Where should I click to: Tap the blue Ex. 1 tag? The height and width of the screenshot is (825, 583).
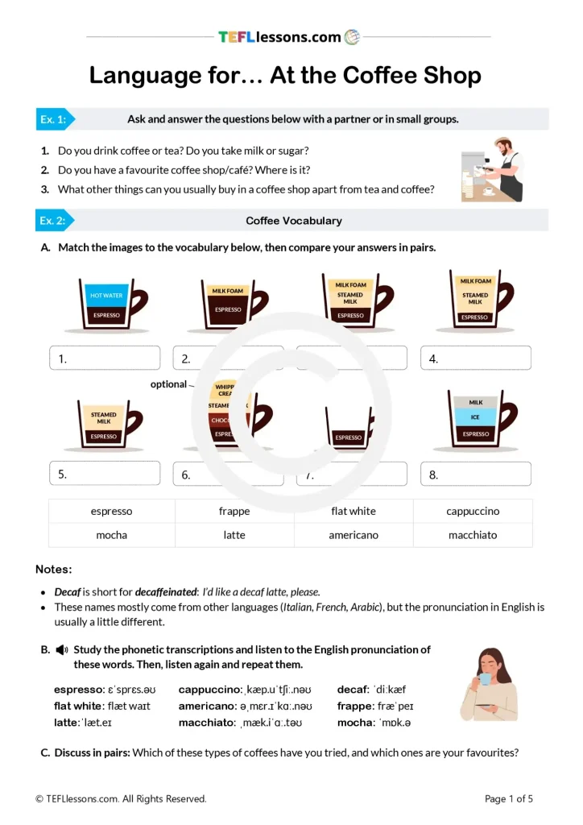tap(54, 119)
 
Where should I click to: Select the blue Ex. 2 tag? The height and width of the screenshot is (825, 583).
tap(54, 221)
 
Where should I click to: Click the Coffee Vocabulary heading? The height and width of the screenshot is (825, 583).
tap(293, 221)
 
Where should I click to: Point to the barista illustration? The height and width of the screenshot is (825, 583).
tap(493, 169)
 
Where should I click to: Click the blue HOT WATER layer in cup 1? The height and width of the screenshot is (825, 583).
tap(106, 296)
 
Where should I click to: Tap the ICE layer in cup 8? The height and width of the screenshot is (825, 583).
tap(475, 417)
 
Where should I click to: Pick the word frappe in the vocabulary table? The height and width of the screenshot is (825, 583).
tap(234, 512)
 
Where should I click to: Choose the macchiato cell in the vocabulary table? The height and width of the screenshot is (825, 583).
tap(473, 535)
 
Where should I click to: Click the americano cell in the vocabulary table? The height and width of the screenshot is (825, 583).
tap(354, 535)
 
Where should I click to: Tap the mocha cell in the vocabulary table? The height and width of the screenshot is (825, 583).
tap(112, 535)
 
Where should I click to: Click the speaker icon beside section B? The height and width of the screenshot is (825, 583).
tap(62, 649)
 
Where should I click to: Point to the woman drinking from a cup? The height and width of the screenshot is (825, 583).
tap(490, 684)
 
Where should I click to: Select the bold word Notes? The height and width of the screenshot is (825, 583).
tap(53, 570)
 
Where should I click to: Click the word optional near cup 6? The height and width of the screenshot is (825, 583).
tap(168, 384)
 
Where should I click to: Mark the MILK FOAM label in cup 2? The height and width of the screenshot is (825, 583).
tap(228, 291)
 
